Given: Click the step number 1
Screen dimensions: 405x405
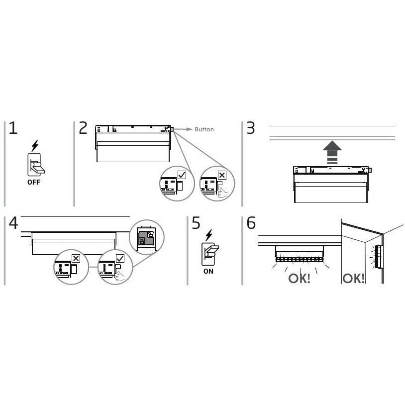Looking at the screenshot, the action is [x=13, y=128].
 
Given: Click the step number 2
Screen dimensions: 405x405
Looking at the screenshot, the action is [x=83, y=128].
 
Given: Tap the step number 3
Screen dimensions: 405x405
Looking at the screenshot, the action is [x=251, y=128].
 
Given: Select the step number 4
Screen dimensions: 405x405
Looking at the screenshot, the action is [x=13, y=223].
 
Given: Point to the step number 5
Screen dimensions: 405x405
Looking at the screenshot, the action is [x=196, y=223].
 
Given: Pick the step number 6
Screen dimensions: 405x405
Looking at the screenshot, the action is [x=251, y=223].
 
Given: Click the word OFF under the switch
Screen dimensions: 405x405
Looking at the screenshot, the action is [x=34, y=182].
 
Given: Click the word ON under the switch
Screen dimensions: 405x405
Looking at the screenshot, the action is [x=208, y=271].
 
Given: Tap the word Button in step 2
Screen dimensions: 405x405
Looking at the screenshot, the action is [x=204, y=129].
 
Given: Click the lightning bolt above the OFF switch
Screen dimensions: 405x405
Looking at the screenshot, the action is [x=35, y=146].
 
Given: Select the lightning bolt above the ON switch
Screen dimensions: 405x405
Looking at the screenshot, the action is [x=209, y=235].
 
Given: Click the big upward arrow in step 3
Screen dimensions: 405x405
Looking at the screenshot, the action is [x=332, y=152].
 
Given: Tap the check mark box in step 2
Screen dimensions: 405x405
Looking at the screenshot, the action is [x=182, y=175].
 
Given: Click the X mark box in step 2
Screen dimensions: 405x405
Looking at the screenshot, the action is [x=222, y=175].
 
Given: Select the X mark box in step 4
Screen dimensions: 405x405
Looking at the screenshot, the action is [x=76, y=258].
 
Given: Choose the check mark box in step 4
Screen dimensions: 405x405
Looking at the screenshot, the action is [x=120, y=258].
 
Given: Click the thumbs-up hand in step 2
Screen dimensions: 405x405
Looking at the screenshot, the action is [x=222, y=193].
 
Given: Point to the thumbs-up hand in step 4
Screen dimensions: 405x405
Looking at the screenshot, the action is [x=120, y=276].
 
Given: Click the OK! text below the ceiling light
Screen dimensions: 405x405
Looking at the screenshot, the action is [x=299, y=279].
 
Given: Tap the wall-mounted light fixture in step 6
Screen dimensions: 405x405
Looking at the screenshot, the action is [x=379, y=257].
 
